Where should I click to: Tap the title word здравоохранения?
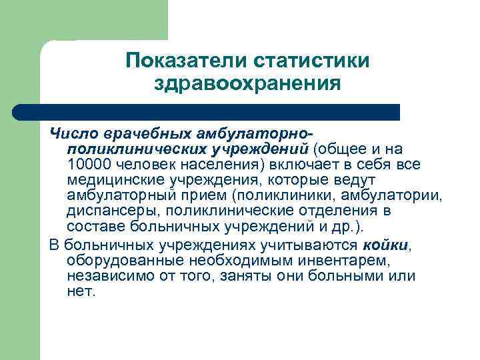click(x=247, y=84)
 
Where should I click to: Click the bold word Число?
click(x=71, y=135)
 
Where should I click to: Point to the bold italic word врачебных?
click(x=136, y=135)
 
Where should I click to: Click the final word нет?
click(x=81, y=291)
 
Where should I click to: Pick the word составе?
click(x=93, y=227)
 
